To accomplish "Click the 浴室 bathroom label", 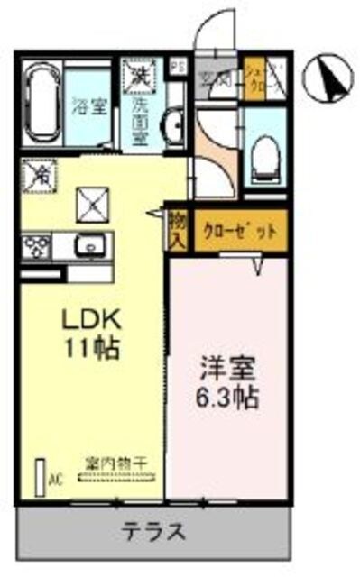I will tap(90, 105).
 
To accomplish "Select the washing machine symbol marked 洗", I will tap(140, 73).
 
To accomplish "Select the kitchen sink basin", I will tap(91, 244).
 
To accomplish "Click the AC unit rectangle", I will tap(40, 476).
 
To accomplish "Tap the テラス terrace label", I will tap(154, 531).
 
